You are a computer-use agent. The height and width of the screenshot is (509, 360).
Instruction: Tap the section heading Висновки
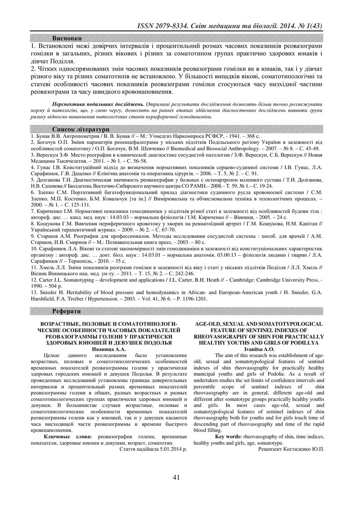click(67, 38)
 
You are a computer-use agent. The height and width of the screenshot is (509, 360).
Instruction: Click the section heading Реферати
click(67, 311)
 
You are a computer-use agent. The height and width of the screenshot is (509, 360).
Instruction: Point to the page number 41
click(176, 478)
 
